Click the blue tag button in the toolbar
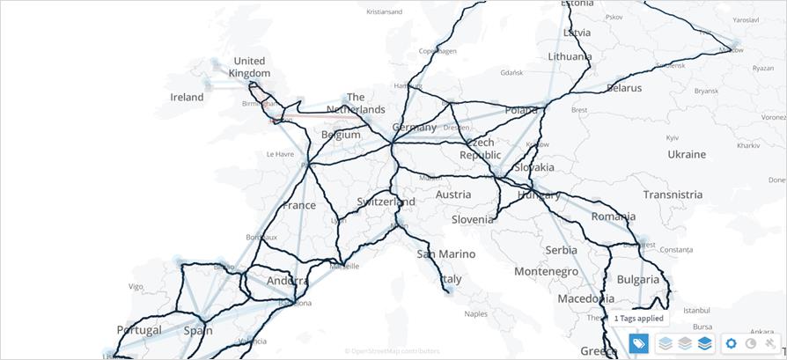click(x=639, y=343)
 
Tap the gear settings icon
click(x=732, y=343)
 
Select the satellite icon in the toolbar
click(x=770, y=343)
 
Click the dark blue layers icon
click(x=704, y=343)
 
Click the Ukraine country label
click(x=687, y=154)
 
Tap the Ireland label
click(x=187, y=98)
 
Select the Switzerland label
click(x=386, y=202)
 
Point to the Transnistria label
click(x=673, y=195)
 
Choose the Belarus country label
click(x=624, y=88)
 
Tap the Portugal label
click(x=139, y=330)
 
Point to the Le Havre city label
click(x=280, y=153)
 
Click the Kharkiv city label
click(x=748, y=144)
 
